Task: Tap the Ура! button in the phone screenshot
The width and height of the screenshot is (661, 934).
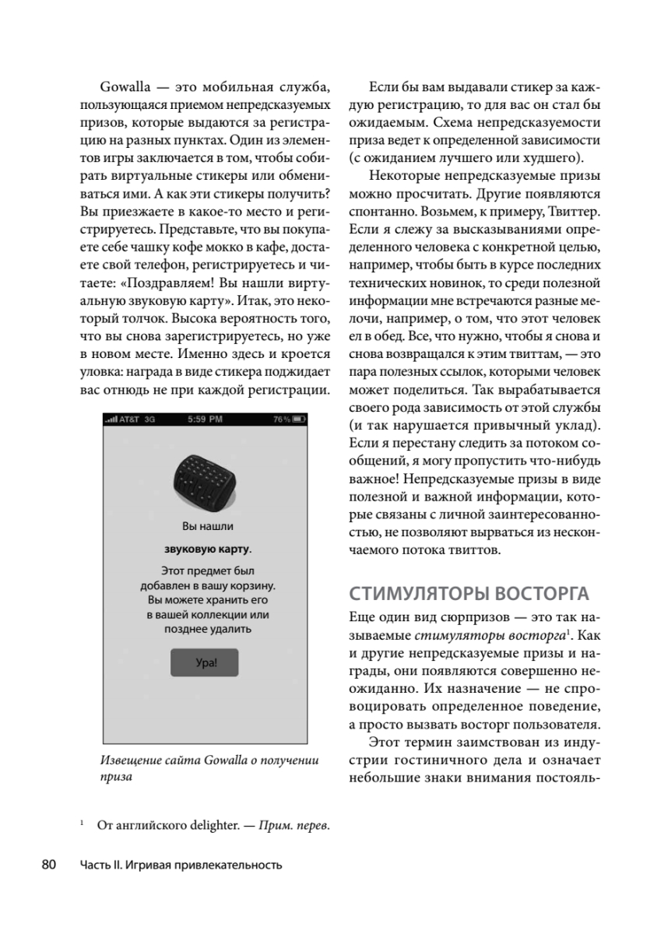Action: (204, 662)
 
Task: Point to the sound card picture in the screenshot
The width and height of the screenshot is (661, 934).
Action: (205, 479)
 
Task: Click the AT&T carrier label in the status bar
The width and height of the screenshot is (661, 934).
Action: (131, 420)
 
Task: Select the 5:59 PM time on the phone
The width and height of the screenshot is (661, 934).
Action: (205, 420)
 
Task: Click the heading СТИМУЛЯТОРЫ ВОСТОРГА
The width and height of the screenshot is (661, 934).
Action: (469, 593)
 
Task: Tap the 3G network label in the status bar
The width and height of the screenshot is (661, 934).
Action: (150, 420)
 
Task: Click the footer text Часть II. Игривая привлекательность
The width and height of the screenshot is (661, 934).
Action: (180, 865)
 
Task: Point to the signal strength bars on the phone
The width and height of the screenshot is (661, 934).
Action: (111, 420)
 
